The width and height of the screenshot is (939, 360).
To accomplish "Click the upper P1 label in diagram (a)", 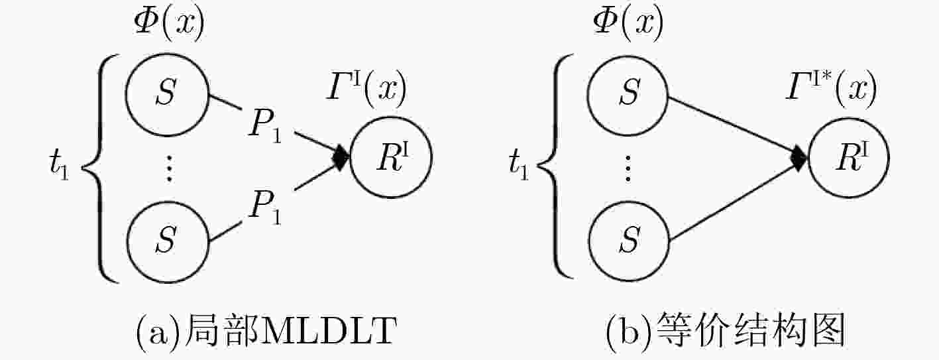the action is pyautogui.click(x=265, y=125).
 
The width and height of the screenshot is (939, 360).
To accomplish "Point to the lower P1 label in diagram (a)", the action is pyautogui.click(x=265, y=208).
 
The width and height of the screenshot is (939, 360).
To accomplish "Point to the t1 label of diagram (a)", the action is pyautogui.click(x=59, y=166).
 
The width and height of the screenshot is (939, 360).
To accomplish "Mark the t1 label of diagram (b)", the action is pyautogui.click(x=519, y=166).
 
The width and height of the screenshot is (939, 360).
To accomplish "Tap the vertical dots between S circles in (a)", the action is pyautogui.click(x=169, y=168).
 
